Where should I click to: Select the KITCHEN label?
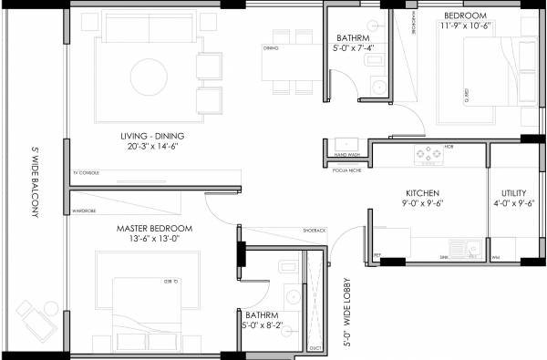pyautogui.click(x=423, y=194)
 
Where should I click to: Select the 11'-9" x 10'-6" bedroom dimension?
pyautogui.click(x=465, y=26)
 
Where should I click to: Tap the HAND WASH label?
pyautogui.click(x=338, y=157)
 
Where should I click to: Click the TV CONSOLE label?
pyautogui.click(x=87, y=172)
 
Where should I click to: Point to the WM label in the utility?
pyautogui.click(x=494, y=259)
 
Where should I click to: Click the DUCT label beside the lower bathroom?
pyautogui.click(x=315, y=347)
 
